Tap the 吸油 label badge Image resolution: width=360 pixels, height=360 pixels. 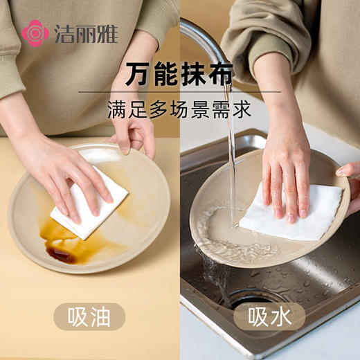coord(89,316)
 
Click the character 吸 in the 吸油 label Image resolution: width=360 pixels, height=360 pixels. coord(77,316)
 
